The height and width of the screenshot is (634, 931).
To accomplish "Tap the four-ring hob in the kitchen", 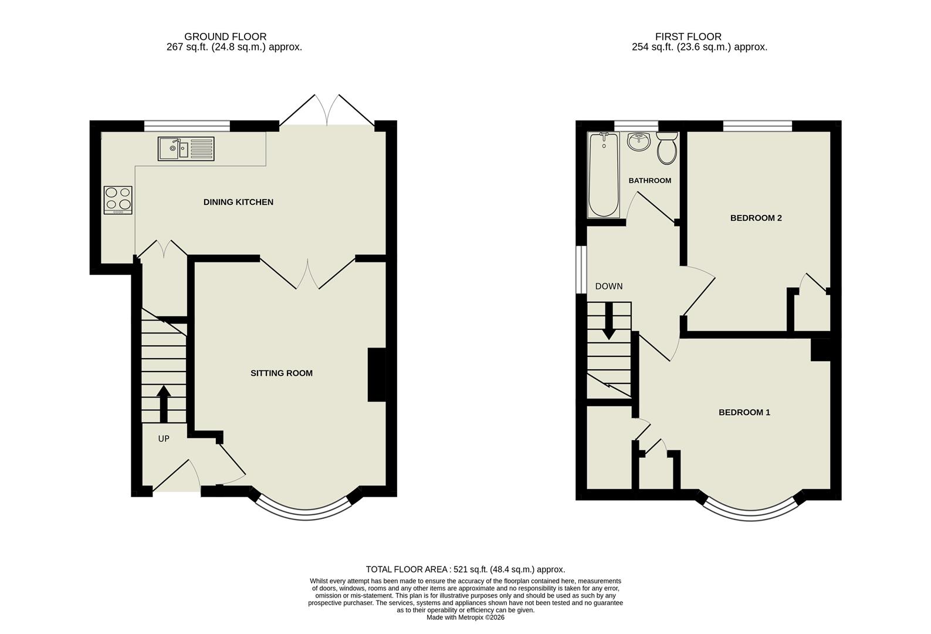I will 118,200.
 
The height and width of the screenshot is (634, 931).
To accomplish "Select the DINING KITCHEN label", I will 238,202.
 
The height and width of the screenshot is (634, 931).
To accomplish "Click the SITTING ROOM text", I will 281,373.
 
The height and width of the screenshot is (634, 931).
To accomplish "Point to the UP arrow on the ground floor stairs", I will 164,403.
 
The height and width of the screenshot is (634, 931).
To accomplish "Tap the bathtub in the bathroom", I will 603,175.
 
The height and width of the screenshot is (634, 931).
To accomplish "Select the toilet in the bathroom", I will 667,147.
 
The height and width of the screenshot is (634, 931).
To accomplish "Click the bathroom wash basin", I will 638,141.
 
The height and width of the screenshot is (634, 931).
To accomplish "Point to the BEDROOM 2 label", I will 756,218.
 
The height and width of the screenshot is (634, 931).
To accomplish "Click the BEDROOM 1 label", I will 744,412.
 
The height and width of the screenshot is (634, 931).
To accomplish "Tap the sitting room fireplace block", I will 377,375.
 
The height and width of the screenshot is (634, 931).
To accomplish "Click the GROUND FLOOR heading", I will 225,36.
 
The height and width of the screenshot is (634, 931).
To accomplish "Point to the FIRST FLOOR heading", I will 688,36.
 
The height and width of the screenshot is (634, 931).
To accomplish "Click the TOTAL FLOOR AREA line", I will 465,569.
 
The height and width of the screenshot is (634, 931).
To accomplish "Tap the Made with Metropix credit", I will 465,617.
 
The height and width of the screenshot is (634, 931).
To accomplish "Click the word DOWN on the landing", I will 608,286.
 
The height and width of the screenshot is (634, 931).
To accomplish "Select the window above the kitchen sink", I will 187,124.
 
